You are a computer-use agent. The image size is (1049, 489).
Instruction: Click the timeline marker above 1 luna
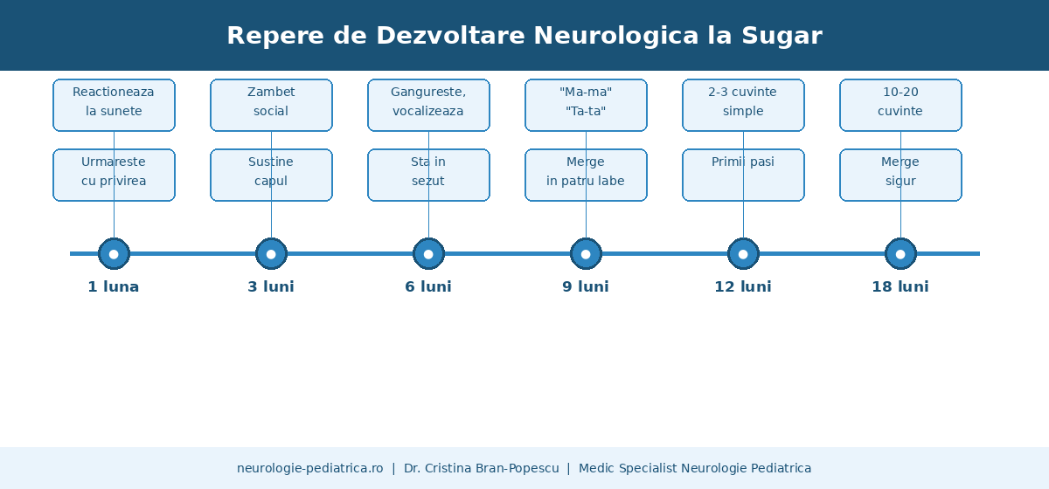click(114, 254)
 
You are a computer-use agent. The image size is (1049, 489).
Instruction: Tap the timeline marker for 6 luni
click(428, 254)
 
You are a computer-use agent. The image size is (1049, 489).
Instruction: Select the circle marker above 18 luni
click(900, 254)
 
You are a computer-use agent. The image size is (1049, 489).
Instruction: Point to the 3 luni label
click(271, 286)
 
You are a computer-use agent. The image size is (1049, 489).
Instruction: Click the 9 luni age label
click(586, 286)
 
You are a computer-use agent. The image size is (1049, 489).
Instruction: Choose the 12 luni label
click(743, 286)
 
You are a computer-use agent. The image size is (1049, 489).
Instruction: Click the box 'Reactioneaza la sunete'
click(114, 106)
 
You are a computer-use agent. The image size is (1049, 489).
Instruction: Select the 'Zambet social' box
click(271, 106)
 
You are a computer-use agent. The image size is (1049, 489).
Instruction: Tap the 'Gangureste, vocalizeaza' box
click(428, 106)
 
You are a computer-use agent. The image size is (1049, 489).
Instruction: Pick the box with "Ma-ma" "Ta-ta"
click(586, 106)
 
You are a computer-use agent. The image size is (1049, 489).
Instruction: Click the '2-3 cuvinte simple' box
click(743, 106)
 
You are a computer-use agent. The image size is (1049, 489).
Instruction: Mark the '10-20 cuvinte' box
click(900, 106)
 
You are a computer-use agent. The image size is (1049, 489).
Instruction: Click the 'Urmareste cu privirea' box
click(114, 175)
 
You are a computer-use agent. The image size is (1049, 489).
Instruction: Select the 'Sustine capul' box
click(271, 175)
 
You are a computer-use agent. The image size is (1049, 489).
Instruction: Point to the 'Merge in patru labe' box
click(586, 175)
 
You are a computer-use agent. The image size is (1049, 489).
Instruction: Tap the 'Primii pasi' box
click(743, 175)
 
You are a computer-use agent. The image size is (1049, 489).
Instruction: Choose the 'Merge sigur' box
click(900, 175)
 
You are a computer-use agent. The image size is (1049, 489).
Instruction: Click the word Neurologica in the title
click(615, 36)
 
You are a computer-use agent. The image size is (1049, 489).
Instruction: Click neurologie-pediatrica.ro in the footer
click(310, 468)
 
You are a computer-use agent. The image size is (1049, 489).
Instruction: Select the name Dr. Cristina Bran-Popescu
click(482, 468)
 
